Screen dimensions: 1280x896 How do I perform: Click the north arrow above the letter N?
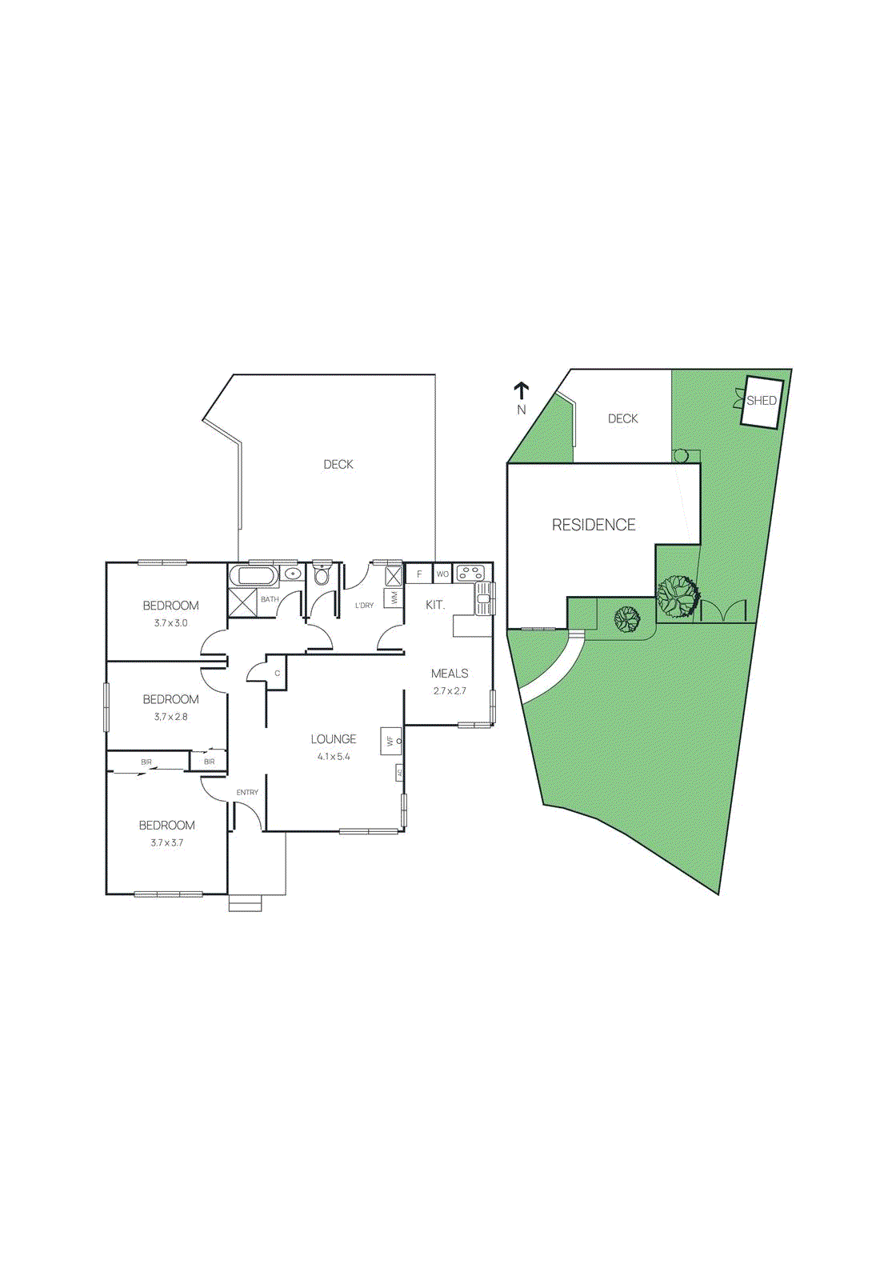pyautogui.click(x=522, y=391)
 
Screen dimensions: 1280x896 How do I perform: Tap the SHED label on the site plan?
pyautogui.click(x=761, y=401)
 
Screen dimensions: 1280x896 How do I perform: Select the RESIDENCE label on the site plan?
pyautogui.click(x=594, y=525)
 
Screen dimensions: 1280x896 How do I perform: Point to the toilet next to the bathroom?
pyautogui.click(x=322, y=575)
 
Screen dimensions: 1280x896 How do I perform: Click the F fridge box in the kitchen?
pyautogui.click(x=419, y=574)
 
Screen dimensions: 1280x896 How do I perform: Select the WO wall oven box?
pyautogui.click(x=442, y=574)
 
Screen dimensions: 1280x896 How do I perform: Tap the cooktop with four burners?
pyautogui.click(x=470, y=573)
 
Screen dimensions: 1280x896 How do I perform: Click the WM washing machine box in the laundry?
pyautogui.click(x=394, y=598)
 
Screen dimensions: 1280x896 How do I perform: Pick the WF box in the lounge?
pyautogui.click(x=390, y=741)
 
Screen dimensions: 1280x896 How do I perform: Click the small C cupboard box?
pyautogui.click(x=277, y=673)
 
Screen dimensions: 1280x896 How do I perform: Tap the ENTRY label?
pyautogui.click(x=247, y=792)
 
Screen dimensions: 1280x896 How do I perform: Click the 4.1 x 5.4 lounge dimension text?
pyautogui.click(x=334, y=756)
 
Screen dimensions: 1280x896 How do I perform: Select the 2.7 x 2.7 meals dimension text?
pyautogui.click(x=450, y=690)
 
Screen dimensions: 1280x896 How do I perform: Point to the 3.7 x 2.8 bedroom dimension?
pyautogui.click(x=170, y=717)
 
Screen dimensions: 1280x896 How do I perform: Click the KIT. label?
pyautogui.click(x=435, y=605)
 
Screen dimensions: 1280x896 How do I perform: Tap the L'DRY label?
pyautogui.click(x=364, y=606)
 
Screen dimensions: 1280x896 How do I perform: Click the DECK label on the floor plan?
pyautogui.click(x=338, y=464)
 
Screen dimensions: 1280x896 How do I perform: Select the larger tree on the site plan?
pyautogui.click(x=678, y=596)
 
